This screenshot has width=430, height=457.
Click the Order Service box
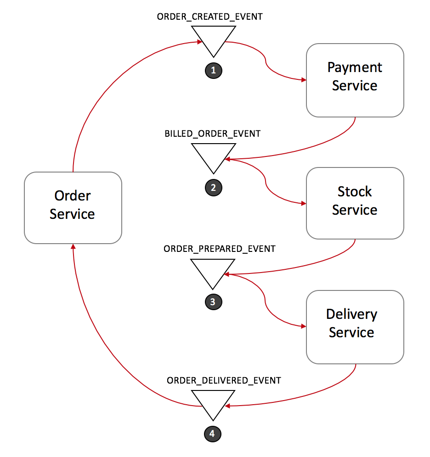pyautogui.click(x=73, y=207)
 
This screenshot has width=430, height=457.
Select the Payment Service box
pyautogui.click(x=355, y=80)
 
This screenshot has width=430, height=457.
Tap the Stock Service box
pyautogui.click(x=355, y=203)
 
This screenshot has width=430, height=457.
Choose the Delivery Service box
pyautogui.click(x=355, y=326)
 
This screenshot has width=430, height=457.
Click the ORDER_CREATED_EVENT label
pyautogui.click(x=210, y=17)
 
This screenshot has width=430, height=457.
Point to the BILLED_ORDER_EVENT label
pyautogui.click(x=213, y=134)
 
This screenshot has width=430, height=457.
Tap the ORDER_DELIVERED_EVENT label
pyautogui.click(x=224, y=380)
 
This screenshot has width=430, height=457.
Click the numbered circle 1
pyautogui.click(x=213, y=70)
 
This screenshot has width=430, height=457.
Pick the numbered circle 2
pyautogui.click(x=213, y=187)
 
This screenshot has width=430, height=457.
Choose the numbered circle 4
pyautogui.click(x=212, y=433)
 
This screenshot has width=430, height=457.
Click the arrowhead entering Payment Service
pyautogui.click(x=304, y=80)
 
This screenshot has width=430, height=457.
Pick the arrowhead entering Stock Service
pyautogui.click(x=304, y=203)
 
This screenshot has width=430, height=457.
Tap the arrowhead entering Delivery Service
pyautogui.click(x=304, y=327)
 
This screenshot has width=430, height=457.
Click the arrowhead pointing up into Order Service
pyautogui.click(x=73, y=246)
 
